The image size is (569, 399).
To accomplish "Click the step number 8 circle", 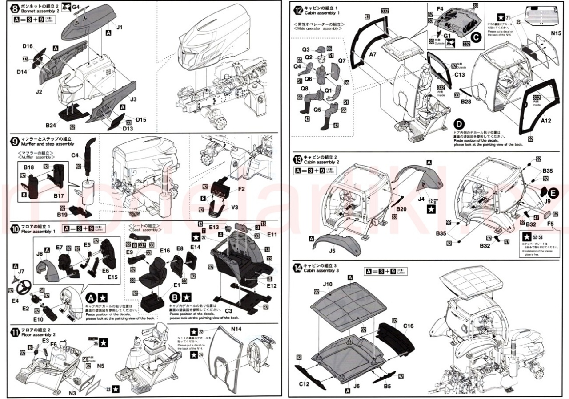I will (15, 8).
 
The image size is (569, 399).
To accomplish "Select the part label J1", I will (119, 27).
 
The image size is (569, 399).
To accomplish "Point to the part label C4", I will (75, 156).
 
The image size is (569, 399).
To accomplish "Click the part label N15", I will (556, 33).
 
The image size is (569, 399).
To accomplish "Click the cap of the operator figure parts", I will (319, 49).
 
